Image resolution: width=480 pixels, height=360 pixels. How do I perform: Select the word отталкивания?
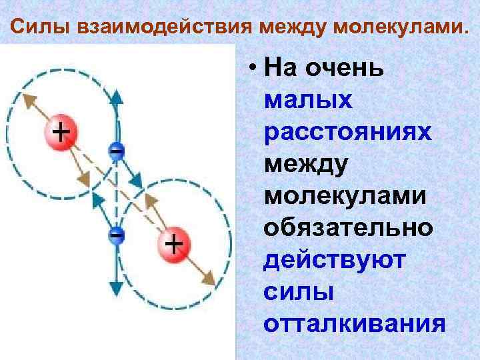point(354,323)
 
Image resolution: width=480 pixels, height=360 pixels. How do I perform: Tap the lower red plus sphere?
point(173,245)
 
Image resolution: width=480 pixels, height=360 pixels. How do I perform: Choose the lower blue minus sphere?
point(116,237)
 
